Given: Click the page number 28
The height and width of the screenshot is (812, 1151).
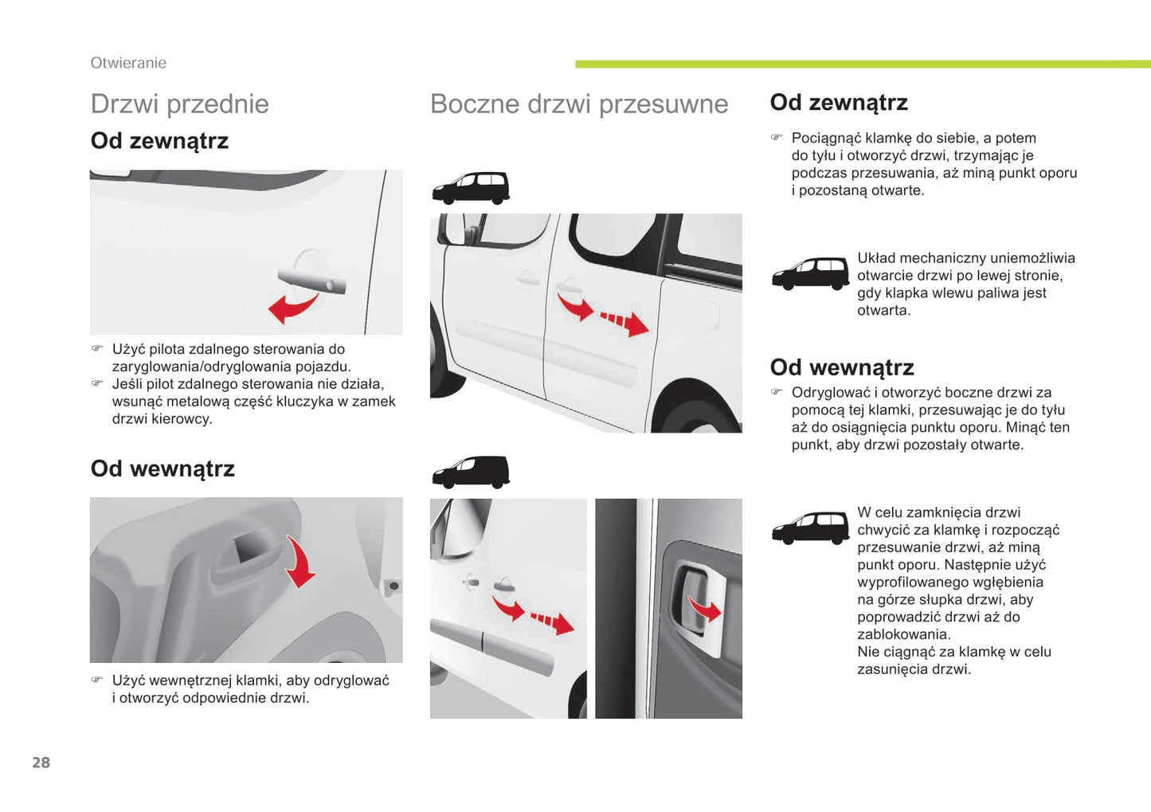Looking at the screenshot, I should pyautogui.click(x=41, y=763).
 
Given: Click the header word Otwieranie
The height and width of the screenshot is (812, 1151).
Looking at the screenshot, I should pyautogui.click(x=128, y=63).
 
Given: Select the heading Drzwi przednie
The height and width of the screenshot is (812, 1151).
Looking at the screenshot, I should pyautogui.click(x=179, y=104).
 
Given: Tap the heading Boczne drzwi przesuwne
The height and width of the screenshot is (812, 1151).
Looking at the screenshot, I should pyautogui.click(x=578, y=104).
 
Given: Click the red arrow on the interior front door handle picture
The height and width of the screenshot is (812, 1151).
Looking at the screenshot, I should pyautogui.click(x=300, y=563).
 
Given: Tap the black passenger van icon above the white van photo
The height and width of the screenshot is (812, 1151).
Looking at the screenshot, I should pyautogui.click(x=471, y=188).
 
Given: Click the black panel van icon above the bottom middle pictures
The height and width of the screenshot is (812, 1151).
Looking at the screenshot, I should pyautogui.click(x=471, y=472).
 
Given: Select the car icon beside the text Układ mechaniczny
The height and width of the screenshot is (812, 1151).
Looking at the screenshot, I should pyautogui.click(x=810, y=273).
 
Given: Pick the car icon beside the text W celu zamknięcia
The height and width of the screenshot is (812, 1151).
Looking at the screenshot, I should pyautogui.click(x=810, y=528).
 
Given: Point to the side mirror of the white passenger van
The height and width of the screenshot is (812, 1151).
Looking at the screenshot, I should pyautogui.click(x=453, y=229).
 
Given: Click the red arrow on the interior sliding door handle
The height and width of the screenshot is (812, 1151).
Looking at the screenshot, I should pyautogui.click(x=704, y=610).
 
